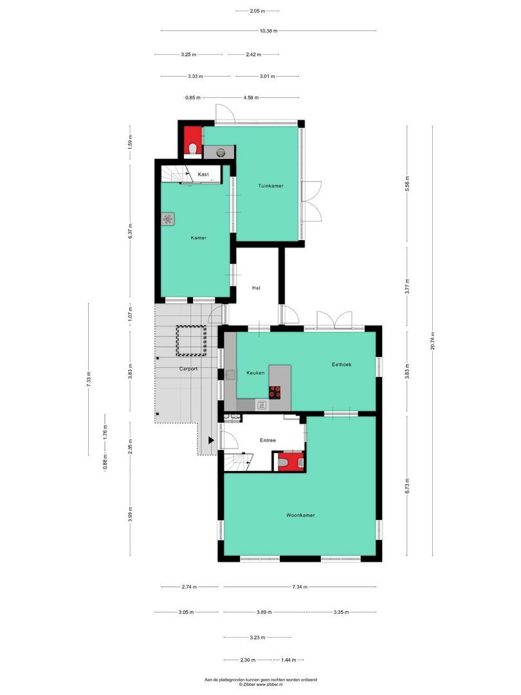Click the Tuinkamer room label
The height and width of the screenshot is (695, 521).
tap(271, 186)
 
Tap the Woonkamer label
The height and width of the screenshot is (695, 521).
tap(300, 515)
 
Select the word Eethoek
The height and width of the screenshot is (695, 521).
tap(342, 365)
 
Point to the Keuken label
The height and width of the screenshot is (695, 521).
tap(256, 373)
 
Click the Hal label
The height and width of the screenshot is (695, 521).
tap(256, 288)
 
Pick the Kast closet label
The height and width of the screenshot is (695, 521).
tap(203, 174)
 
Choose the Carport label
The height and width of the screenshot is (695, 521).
tap(188, 369)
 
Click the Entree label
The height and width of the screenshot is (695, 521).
tap(268, 441)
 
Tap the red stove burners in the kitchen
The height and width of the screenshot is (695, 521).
tap(276, 390)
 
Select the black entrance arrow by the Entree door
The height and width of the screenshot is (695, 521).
tap(212, 441)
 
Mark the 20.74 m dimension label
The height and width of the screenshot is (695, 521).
tap(434, 340)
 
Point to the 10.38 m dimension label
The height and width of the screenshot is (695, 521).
tap(268, 30)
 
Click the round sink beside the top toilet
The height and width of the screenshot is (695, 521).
tap(221, 153)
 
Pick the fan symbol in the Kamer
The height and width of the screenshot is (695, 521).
tap(168, 219)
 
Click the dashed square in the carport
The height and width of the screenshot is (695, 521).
tap(192, 340)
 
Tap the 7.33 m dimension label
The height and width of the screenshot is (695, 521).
tap(89, 379)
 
